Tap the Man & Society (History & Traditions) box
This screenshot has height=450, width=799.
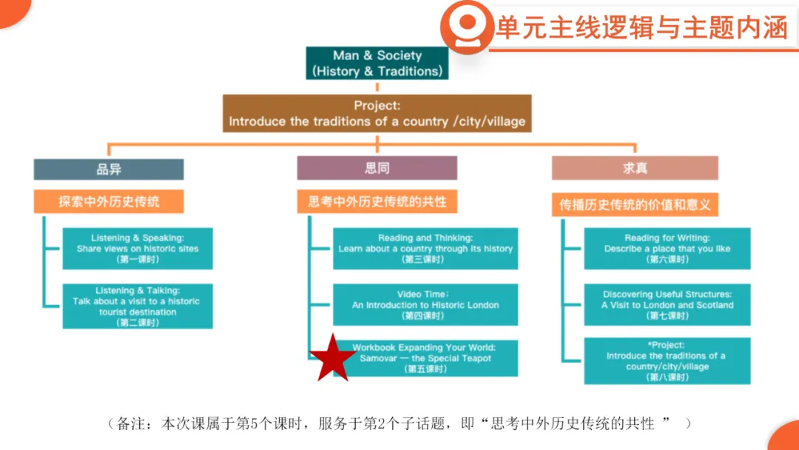point(377,64)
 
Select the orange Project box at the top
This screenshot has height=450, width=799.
point(377,113)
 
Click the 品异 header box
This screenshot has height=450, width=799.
point(109,168)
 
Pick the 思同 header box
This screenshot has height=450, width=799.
point(377,168)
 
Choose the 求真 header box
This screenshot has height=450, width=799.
point(635,168)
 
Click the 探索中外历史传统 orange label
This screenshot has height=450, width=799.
point(109,201)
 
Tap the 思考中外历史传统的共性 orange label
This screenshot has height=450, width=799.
point(377,201)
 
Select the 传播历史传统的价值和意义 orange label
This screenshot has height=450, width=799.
point(635,204)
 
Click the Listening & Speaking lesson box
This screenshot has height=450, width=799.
point(138,249)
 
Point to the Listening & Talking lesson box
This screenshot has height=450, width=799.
point(138,306)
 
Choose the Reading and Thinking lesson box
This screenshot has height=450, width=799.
point(425,249)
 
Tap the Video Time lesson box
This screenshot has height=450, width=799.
point(425,305)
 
